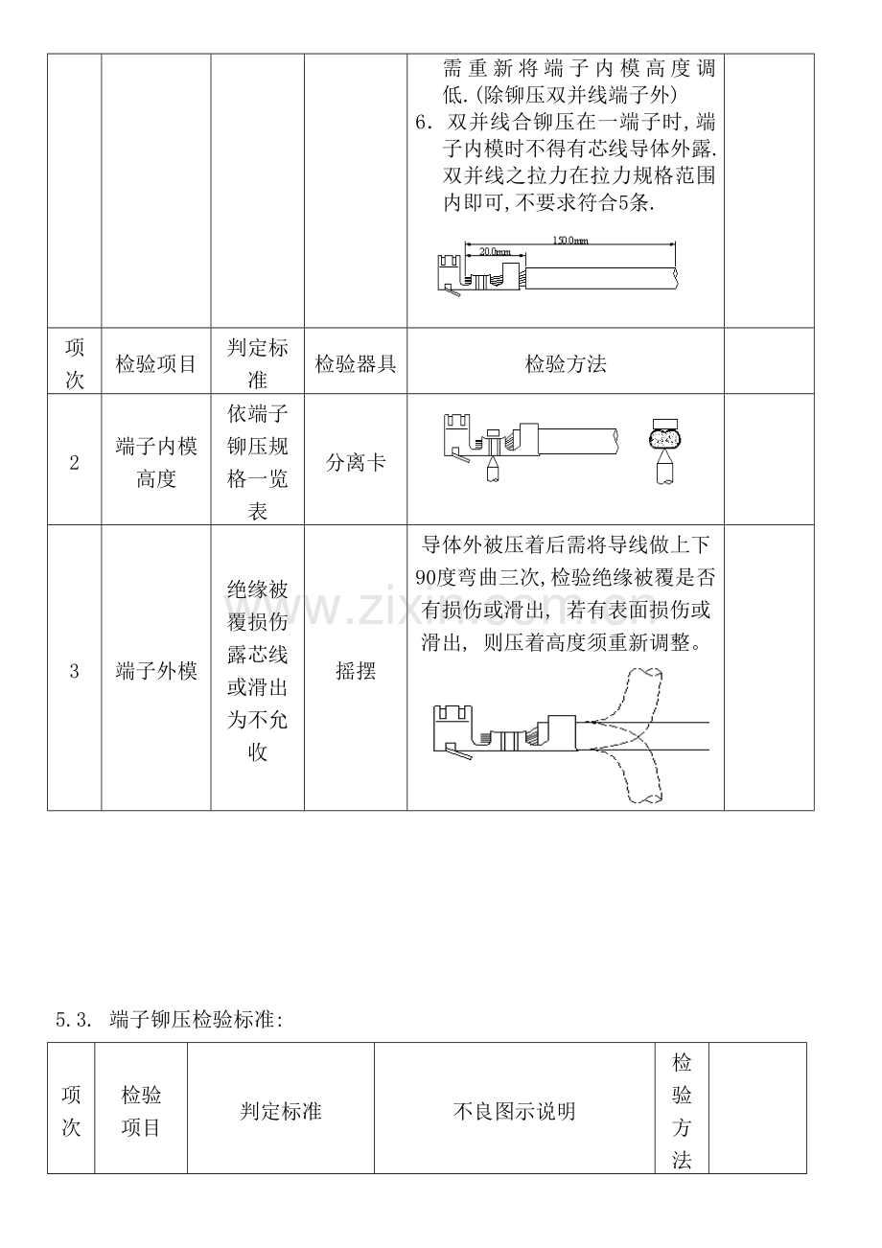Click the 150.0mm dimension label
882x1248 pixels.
click(570, 241)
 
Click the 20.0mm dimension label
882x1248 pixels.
click(495, 251)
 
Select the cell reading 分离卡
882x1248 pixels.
click(356, 462)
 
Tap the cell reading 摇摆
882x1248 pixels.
click(356, 671)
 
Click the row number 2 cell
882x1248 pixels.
click(74, 462)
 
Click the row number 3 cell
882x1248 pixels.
click(74, 671)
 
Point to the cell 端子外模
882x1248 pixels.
click(156, 671)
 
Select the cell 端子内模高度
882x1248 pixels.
click(156, 462)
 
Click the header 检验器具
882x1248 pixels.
click(356, 364)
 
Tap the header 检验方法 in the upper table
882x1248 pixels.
click(566, 364)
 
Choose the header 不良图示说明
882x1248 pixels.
click(514, 1112)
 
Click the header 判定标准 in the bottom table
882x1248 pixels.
click(280, 1112)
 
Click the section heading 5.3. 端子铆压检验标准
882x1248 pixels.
click(170, 1020)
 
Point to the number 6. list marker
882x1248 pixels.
click(425, 122)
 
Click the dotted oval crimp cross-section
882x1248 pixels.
click(663, 437)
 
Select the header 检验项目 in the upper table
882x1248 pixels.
click(156, 364)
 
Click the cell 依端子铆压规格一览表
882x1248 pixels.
click(258, 462)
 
